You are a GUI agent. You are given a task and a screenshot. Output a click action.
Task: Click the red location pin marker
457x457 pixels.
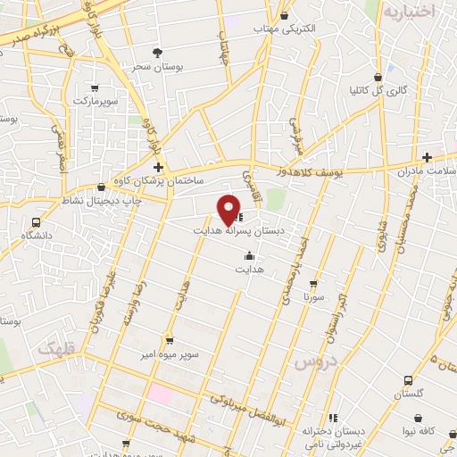point(229,208)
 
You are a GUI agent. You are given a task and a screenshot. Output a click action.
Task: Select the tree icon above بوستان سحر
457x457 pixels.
point(158,53)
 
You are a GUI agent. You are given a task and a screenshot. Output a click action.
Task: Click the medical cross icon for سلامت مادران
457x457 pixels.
point(428,157)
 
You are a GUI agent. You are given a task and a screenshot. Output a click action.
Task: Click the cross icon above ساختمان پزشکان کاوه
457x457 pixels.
point(158,167)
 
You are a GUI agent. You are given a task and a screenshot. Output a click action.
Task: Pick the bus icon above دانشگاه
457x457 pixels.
point(37,222)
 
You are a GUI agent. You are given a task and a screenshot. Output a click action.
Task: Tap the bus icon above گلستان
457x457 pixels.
point(407,378)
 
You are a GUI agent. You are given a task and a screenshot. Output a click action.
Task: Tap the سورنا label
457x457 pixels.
point(313,295)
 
